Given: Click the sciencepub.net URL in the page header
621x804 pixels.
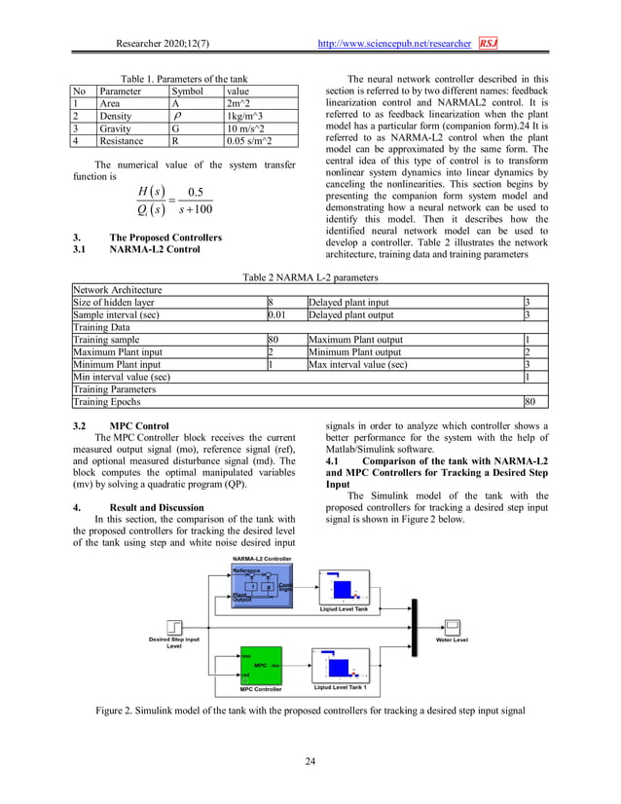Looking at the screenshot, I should coord(395,44).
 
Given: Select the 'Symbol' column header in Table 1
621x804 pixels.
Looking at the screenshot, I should coord(188,91).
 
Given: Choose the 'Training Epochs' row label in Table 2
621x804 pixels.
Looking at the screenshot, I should coord(107,401).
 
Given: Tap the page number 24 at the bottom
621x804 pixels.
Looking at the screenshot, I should coord(310,760).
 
